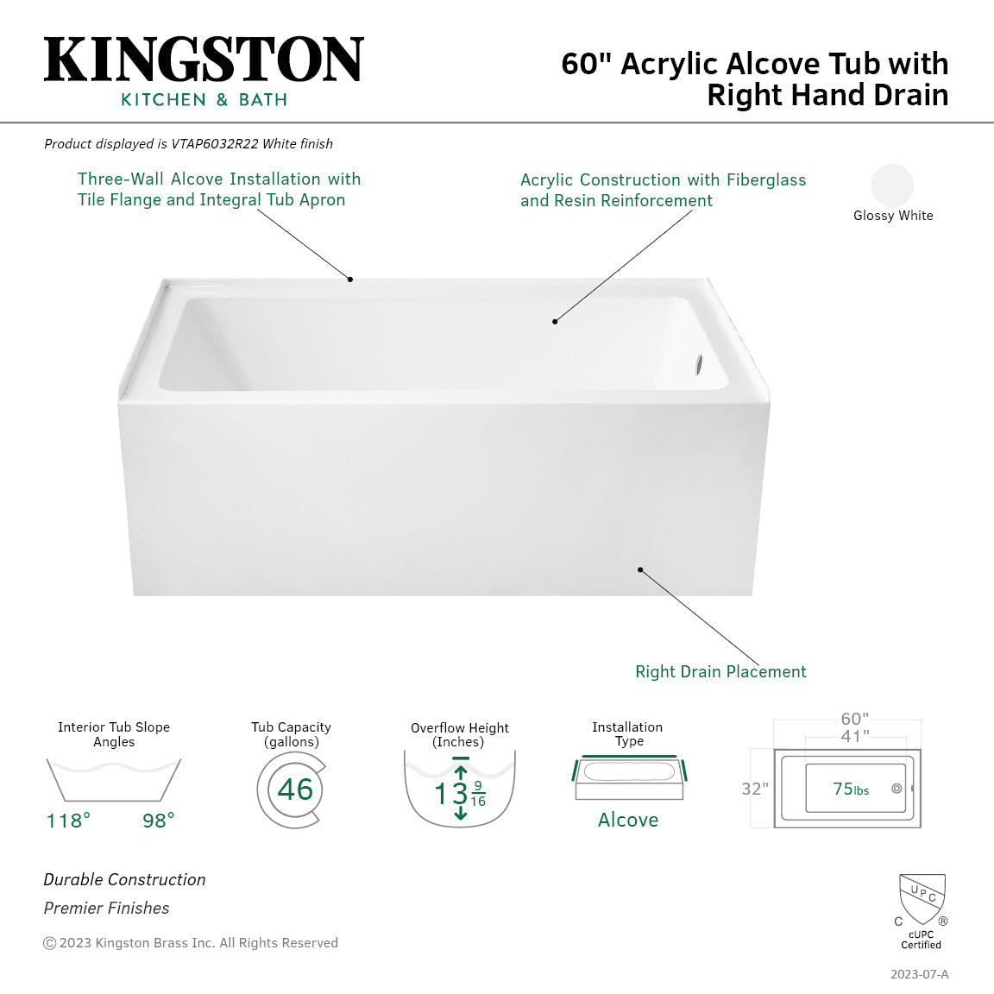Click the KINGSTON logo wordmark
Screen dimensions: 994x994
point(204,60)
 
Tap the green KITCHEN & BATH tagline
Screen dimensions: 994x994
point(204,100)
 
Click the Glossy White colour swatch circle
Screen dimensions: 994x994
point(892,185)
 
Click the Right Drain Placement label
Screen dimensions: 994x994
point(720,671)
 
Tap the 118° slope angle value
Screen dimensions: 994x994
point(68,820)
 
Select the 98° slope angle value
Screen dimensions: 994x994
point(159,820)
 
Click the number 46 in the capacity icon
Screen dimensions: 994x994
point(295,790)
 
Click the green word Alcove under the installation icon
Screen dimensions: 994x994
point(628,820)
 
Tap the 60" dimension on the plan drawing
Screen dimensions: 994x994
point(854,719)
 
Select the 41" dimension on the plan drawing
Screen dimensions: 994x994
point(854,736)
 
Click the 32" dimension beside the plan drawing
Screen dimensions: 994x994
point(755,789)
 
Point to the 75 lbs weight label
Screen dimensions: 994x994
point(851,789)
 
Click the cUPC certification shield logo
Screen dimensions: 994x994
point(922,899)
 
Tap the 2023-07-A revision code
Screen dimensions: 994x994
point(919,974)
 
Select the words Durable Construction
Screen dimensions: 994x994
point(124,879)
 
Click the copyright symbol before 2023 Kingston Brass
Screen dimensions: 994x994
point(50,943)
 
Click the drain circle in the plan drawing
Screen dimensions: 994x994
point(896,789)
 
